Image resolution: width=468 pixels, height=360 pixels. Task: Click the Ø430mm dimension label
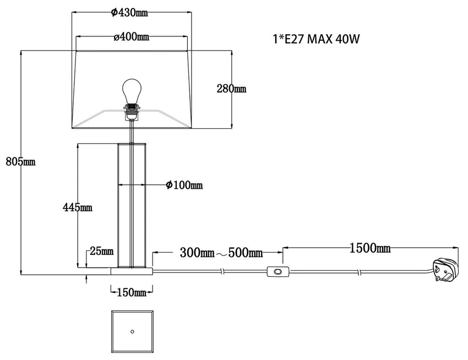(x=129, y=13)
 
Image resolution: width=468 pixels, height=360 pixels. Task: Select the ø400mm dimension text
(x=132, y=37)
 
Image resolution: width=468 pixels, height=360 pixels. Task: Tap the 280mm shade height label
(x=232, y=89)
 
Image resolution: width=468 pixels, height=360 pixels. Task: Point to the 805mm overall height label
(x=20, y=161)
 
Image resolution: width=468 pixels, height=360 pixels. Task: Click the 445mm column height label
(x=77, y=207)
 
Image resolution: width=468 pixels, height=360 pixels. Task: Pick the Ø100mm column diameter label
(x=184, y=185)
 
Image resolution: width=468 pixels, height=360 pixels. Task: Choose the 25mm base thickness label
(x=102, y=251)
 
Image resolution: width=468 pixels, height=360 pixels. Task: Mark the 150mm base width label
(x=132, y=292)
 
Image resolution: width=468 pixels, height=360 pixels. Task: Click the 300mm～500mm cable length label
(x=221, y=253)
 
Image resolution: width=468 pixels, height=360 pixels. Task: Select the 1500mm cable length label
(x=370, y=248)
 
